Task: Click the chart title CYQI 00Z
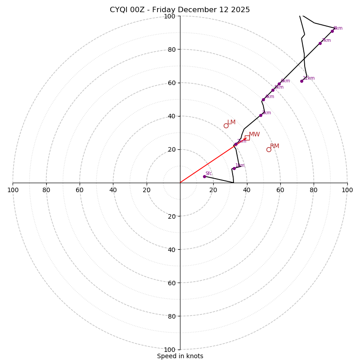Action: point(180,10)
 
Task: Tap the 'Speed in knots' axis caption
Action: point(180,356)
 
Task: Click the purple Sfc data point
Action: point(204,176)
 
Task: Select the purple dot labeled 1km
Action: point(234,168)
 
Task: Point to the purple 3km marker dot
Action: point(261,115)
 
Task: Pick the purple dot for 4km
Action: point(263,99)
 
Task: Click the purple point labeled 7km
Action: point(320,43)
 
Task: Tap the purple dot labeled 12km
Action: point(301,81)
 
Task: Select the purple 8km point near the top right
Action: point(332,31)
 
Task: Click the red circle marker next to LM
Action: point(226,126)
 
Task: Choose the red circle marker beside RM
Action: point(269,149)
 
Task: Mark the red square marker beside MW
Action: point(247,138)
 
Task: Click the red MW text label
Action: point(254,135)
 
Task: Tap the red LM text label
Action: point(231,122)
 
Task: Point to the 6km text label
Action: point(285,81)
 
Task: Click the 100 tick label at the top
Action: point(169,16)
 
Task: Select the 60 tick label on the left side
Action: point(80,190)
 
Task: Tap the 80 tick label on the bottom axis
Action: point(170,316)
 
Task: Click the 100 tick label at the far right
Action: point(347,190)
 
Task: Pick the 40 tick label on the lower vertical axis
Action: point(170,249)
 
